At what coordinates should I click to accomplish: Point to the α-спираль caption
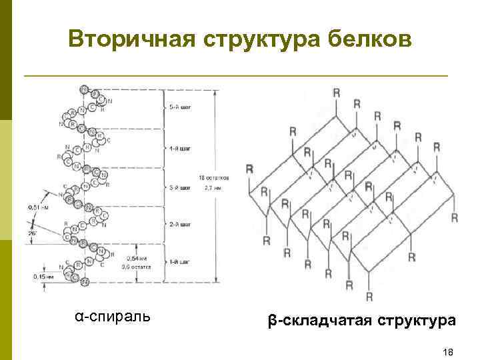pyautogui.click(x=113, y=315)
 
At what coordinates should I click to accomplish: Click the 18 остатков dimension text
pyautogui.click(x=214, y=178)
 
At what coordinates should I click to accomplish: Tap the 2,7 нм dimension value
pyautogui.click(x=214, y=188)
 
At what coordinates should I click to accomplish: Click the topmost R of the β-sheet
pyautogui.click(x=336, y=92)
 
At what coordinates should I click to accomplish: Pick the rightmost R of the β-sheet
pyautogui.click(x=454, y=217)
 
